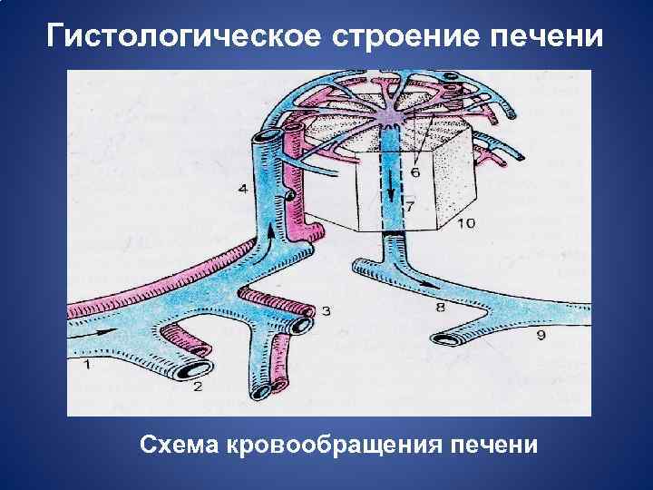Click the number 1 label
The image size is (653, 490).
pyautogui.click(x=86, y=365)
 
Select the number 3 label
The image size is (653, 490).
pyautogui.click(x=326, y=311)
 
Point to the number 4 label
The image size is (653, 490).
pyautogui.click(x=242, y=189)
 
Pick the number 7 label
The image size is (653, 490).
pyautogui.click(x=410, y=208)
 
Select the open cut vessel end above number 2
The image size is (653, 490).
pyautogui.click(x=193, y=368)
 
